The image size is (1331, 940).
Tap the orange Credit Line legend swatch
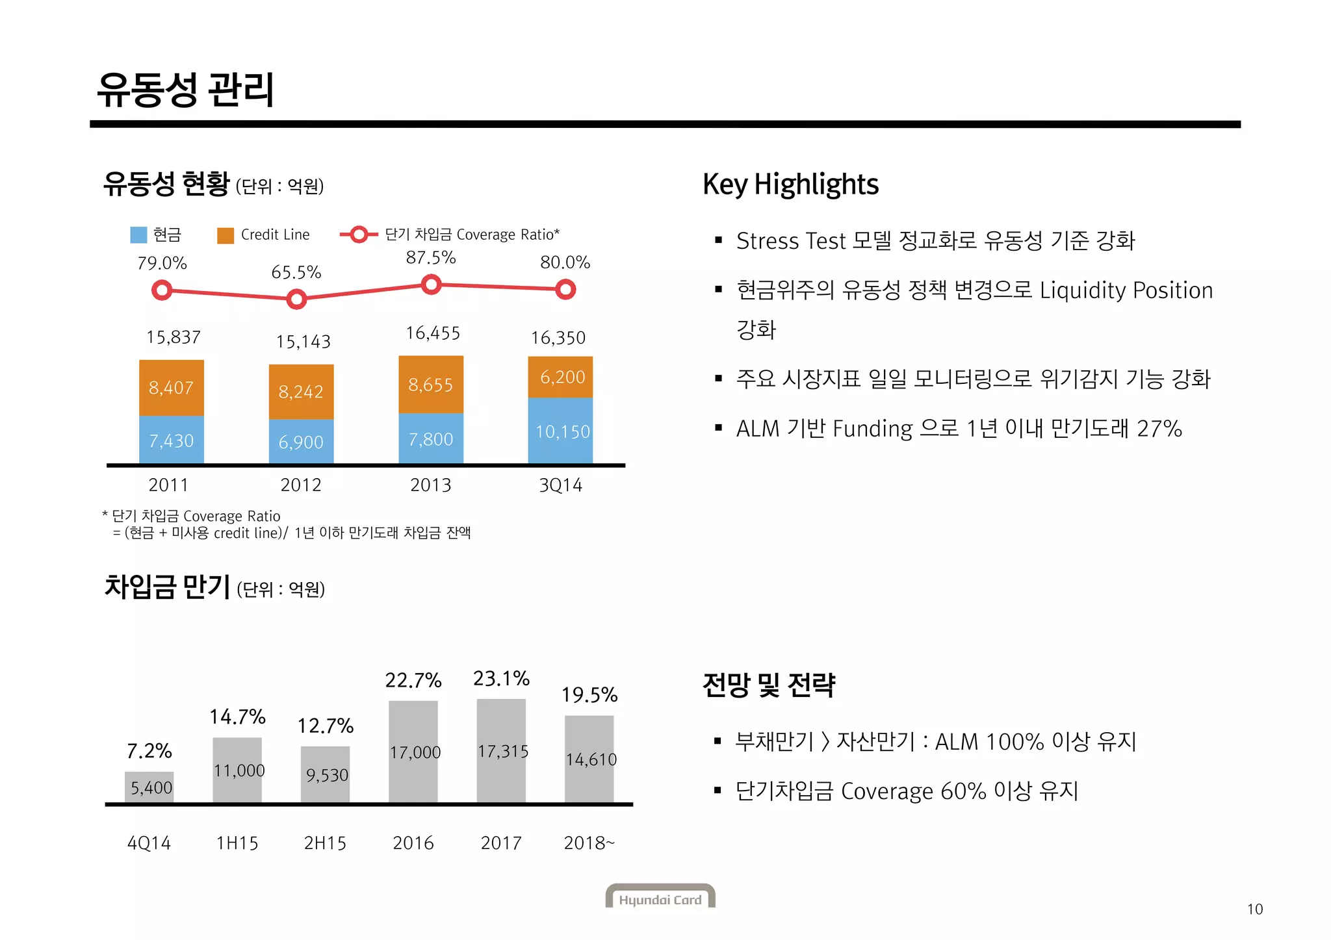(x=225, y=236)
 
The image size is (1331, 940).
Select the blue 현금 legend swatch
(x=138, y=235)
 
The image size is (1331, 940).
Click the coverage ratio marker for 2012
(x=296, y=299)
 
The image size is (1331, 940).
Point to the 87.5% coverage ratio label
(x=430, y=258)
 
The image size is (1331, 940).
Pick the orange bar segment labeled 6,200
(x=560, y=377)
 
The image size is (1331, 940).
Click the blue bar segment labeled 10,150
(x=560, y=431)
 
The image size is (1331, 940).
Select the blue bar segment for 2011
(x=172, y=440)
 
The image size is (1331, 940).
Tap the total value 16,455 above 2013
(x=432, y=333)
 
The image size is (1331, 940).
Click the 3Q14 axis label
(x=560, y=485)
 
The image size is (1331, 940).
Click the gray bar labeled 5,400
(x=149, y=787)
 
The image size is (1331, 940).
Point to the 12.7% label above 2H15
(x=325, y=726)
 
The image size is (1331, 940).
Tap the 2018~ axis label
(x=589, y=843)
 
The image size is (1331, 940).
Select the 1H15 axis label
(x=237, y=843)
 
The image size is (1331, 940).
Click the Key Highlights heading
(x=790, y=184)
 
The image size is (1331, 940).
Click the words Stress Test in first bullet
(x=790, y=241)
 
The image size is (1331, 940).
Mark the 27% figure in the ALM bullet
(x=1159, y=429)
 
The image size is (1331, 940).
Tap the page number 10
(x=1254, y=909)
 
